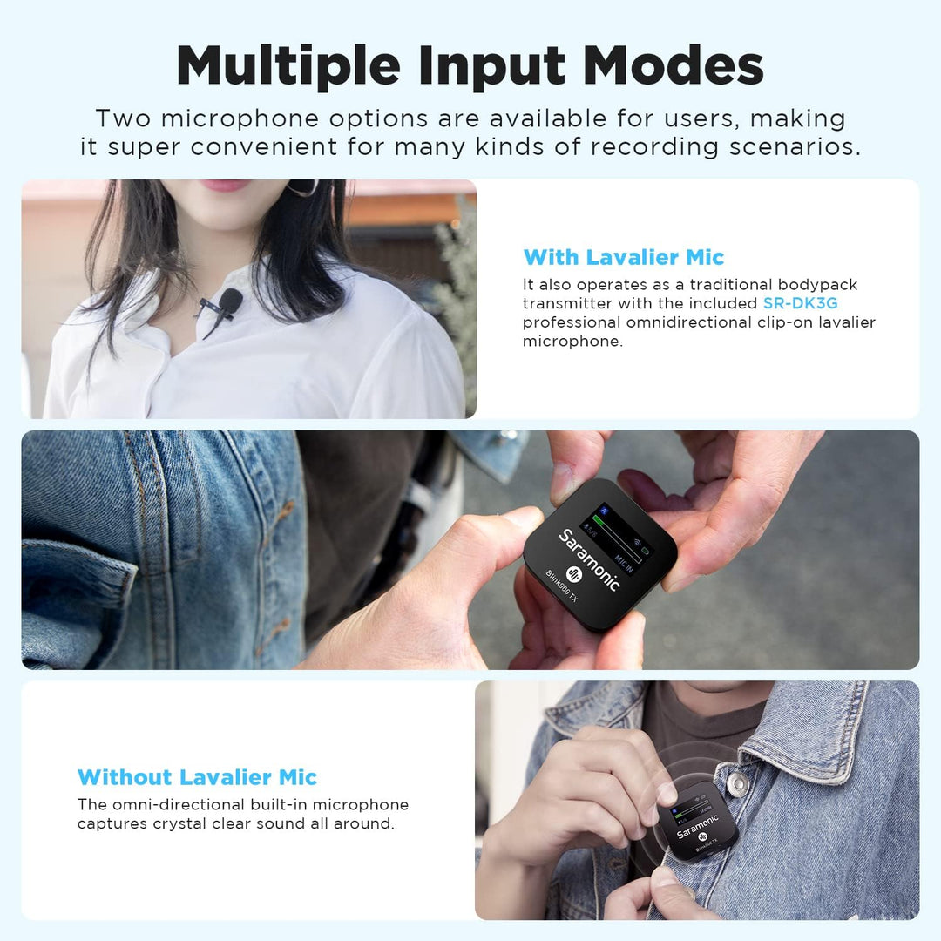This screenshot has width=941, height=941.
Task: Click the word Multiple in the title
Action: [288, 66]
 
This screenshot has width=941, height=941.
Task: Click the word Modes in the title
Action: [673, 65]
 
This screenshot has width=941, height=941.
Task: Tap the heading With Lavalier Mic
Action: [624, 257]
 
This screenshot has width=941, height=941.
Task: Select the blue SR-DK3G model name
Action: [800, 303]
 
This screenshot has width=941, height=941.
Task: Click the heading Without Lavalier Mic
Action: [198, 777]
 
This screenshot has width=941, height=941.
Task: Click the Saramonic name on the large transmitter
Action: [589, 559]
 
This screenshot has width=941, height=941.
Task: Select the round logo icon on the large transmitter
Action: [574, 574]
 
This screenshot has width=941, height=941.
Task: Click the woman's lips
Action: [224, 185]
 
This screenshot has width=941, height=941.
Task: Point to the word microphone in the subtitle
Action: [240, 118]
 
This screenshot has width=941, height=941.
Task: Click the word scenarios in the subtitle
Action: [795, 147]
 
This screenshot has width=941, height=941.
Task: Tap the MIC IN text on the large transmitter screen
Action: [624, 564]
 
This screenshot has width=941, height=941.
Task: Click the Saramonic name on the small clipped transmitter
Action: [697, 826]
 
